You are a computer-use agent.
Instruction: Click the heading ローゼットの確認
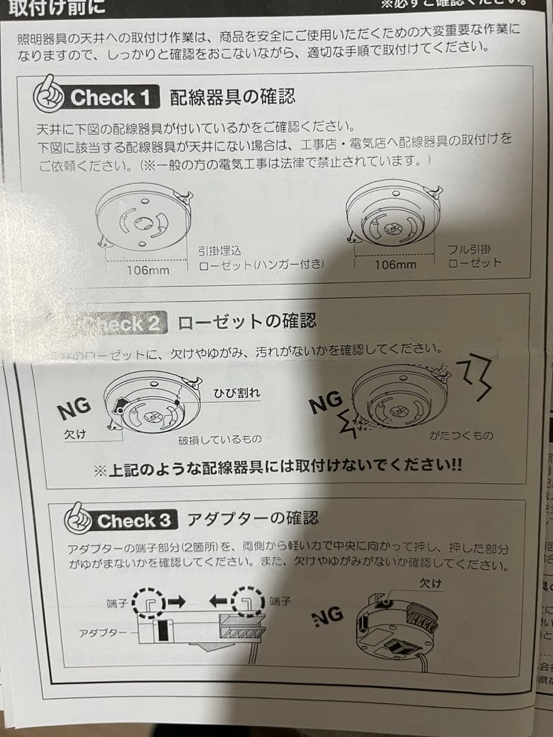(246, 320)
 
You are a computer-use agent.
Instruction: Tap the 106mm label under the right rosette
(395, 264)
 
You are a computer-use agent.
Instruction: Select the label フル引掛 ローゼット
(475, 256)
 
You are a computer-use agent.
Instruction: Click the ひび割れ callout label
(237, 393)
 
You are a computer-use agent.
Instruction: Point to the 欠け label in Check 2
(75, 435)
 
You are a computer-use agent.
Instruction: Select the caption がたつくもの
(461, 435)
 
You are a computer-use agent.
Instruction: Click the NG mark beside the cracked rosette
(74, 409)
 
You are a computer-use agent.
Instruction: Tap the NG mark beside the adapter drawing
(328, 616)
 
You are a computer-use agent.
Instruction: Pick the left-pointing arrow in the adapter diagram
(219, 601)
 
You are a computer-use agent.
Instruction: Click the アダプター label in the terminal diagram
(102, 633)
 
